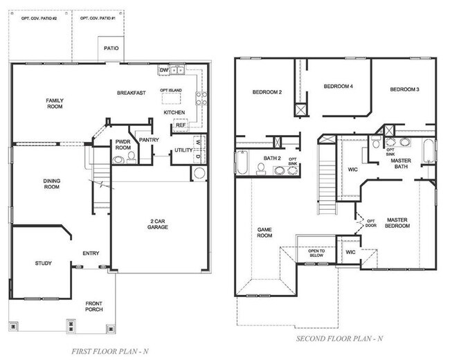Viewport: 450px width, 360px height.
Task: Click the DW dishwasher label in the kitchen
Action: tap(164, 70)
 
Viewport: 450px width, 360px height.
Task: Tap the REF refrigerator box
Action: tap(181, 125)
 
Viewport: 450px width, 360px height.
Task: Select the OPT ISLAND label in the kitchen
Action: tap(171, 90)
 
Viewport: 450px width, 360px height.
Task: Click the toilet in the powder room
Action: tap(131, 158)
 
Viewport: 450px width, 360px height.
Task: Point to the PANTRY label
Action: tap(149, 140)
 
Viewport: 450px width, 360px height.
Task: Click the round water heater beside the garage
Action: tap(199, 173)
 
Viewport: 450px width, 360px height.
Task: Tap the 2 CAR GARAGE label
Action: tap(158, 224)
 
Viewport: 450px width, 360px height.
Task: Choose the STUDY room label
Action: tap(44, 263)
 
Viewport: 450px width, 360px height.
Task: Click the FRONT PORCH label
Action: tap(94, 306)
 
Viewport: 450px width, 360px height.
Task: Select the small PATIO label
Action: tap(111, 48)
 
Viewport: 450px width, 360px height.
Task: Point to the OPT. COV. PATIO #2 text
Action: tap(39, 19)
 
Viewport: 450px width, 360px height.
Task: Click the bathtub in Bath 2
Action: tap(242, 163)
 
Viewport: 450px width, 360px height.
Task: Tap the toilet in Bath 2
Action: tap(261, 169)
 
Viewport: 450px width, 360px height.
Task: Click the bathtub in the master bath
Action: tap(429, 151)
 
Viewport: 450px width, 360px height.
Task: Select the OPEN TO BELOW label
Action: tap(316, 253)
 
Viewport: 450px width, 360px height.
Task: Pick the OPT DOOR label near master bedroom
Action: tap(371, 223)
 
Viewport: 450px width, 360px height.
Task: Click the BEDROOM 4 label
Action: tap(338, 86)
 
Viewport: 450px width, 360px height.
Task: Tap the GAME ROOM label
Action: tap(264, 233)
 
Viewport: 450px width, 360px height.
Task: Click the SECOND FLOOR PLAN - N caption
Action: tap(339, 339)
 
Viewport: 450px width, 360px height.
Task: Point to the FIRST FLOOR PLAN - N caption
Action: tap(110, 351)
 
